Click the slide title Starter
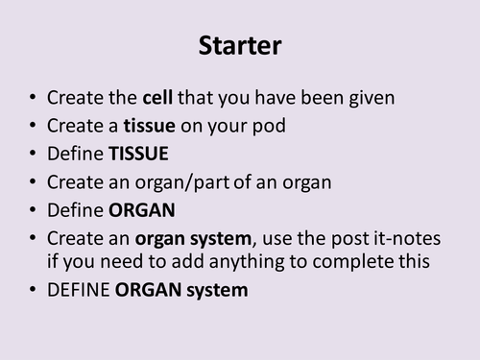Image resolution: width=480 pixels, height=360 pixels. click(x=239, y=45)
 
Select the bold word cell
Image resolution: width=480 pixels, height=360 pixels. click(x=159, y=99)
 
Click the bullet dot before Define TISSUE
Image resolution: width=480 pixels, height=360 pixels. click(x=35, y=154)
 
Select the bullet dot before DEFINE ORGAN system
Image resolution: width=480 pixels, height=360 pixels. click(x=35, y=288)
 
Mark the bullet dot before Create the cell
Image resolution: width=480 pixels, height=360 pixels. click(x=35, y=100)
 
